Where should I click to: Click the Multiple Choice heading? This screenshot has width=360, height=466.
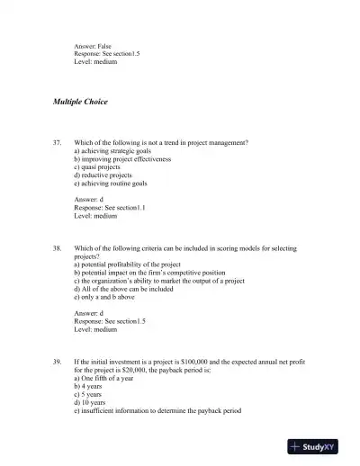[x=80, y=102]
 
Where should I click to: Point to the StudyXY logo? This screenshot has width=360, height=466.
[x=319, y=446]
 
